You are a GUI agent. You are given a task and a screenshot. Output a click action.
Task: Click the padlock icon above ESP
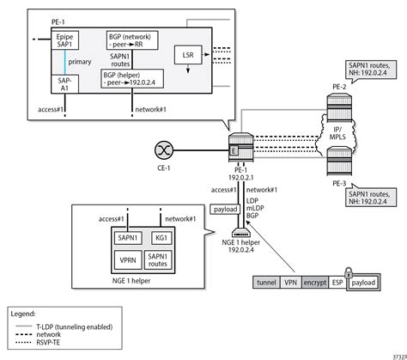[x=349, y=268]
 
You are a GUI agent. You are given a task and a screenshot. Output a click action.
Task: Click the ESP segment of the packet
[x=336, y=282]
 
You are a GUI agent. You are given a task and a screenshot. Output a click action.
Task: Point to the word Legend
[x=27, y=314]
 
